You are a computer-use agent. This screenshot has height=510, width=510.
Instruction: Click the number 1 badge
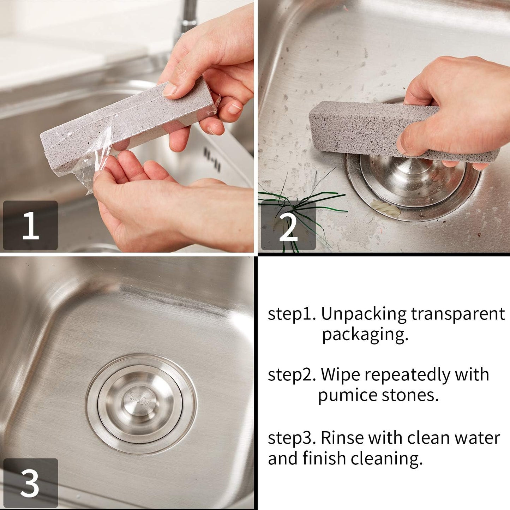click(30, 225)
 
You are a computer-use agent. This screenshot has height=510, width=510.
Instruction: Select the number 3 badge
click(30, 483)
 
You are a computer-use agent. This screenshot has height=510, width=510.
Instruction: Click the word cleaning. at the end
click(386, 458)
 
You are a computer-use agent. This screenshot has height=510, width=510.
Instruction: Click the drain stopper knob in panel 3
click(140, 401)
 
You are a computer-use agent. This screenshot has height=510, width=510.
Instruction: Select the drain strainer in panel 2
click(413, 184)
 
